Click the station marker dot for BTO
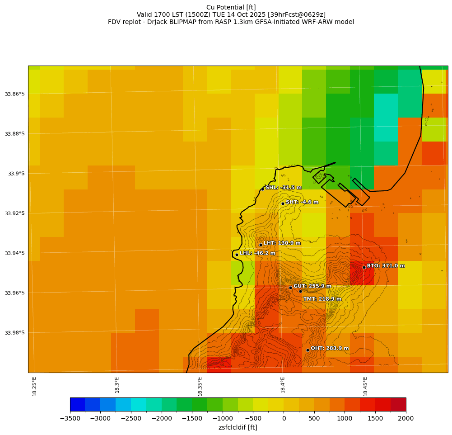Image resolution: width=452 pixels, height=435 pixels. point(364,267)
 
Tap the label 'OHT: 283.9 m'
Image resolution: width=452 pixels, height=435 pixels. point(330,348)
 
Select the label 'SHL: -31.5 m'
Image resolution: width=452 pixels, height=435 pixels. point(284,187)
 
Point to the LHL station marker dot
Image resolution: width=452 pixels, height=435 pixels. point(237,255)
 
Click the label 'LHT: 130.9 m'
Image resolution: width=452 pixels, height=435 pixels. point(282,243)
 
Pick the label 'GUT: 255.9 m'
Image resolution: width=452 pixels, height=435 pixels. point(312,286)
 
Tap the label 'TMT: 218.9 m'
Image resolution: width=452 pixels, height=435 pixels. point(322,299)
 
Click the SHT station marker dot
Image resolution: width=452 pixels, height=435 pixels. point(283,203)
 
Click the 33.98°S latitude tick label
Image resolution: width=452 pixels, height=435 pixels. point(14,333)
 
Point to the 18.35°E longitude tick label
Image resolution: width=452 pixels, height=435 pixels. point(200,386)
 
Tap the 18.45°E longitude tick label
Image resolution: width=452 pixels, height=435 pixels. point(365,386)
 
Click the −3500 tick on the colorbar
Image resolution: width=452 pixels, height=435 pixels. point(70,418)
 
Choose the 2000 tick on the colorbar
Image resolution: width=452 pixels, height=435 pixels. point(405,418)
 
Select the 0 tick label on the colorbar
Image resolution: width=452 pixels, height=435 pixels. point(284,418)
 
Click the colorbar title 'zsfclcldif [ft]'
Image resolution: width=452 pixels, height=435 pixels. point(238,427)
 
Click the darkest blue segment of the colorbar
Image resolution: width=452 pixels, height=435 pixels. point(77,404)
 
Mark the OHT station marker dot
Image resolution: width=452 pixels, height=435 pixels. point(308,350)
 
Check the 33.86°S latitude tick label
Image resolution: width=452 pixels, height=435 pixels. point(14,94)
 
